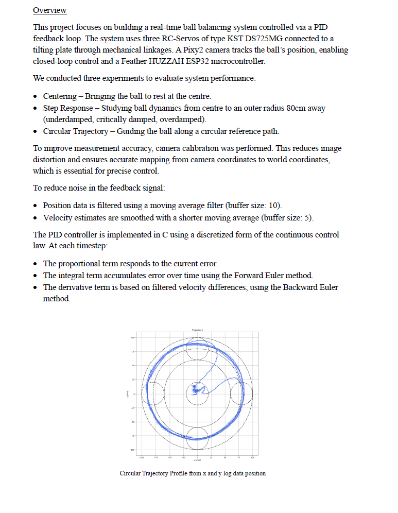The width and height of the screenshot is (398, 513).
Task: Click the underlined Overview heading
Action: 49,10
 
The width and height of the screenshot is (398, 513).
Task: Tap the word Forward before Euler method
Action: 239,276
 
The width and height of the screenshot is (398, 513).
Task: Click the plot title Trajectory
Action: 197,330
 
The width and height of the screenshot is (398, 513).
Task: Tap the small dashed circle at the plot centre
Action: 197,394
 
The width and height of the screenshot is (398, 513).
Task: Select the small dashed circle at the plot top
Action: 197,349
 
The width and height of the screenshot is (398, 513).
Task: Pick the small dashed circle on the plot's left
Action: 153,394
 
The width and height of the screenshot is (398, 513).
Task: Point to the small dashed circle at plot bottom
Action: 197,439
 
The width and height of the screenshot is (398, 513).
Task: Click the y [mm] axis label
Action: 127,394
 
